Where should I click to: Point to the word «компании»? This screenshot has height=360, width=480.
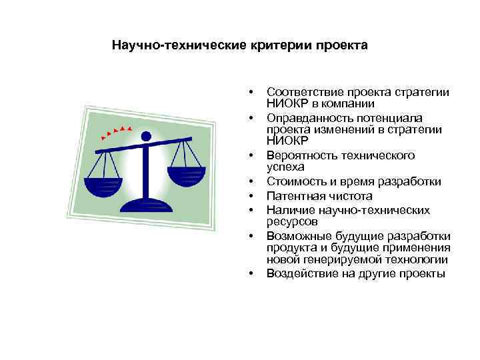351,103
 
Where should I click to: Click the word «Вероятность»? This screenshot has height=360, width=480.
299,155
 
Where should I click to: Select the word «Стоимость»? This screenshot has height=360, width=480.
293,181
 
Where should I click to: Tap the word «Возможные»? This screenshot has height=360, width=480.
296,236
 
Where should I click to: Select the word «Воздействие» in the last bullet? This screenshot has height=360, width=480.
299,273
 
